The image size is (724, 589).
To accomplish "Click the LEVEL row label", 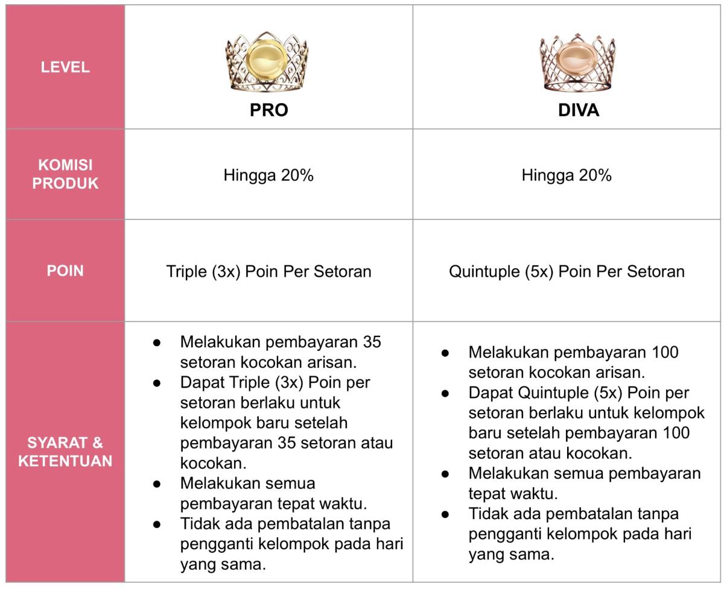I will coord(65,68).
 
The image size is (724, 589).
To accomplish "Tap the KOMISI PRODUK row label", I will coord(65,174).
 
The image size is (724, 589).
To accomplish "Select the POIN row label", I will coord(65,271).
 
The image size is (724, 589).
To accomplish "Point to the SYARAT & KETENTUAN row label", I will coord(65,452).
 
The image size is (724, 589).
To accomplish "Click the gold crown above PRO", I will coord(266,62).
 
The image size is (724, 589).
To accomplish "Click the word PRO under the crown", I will coord(268,110).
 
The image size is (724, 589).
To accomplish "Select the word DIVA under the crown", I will coord(578,110).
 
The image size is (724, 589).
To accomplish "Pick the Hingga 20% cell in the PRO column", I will coord(268,175).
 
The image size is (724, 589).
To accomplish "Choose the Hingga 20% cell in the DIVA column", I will coord(567,175).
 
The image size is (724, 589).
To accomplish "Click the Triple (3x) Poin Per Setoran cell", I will coord(268,271).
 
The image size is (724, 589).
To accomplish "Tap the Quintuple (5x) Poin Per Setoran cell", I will coord(567,271).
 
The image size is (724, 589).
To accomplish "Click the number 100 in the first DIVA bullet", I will coord(665,352).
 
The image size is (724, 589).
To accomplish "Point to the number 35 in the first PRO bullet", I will coord(372,342).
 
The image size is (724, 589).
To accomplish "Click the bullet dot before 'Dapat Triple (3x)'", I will coord(157,383).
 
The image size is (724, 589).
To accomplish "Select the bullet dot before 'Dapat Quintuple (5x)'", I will coord(445,393).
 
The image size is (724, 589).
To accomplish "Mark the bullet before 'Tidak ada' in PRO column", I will coord(157,524).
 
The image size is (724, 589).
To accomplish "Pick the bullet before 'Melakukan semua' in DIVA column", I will coord(445,474).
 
